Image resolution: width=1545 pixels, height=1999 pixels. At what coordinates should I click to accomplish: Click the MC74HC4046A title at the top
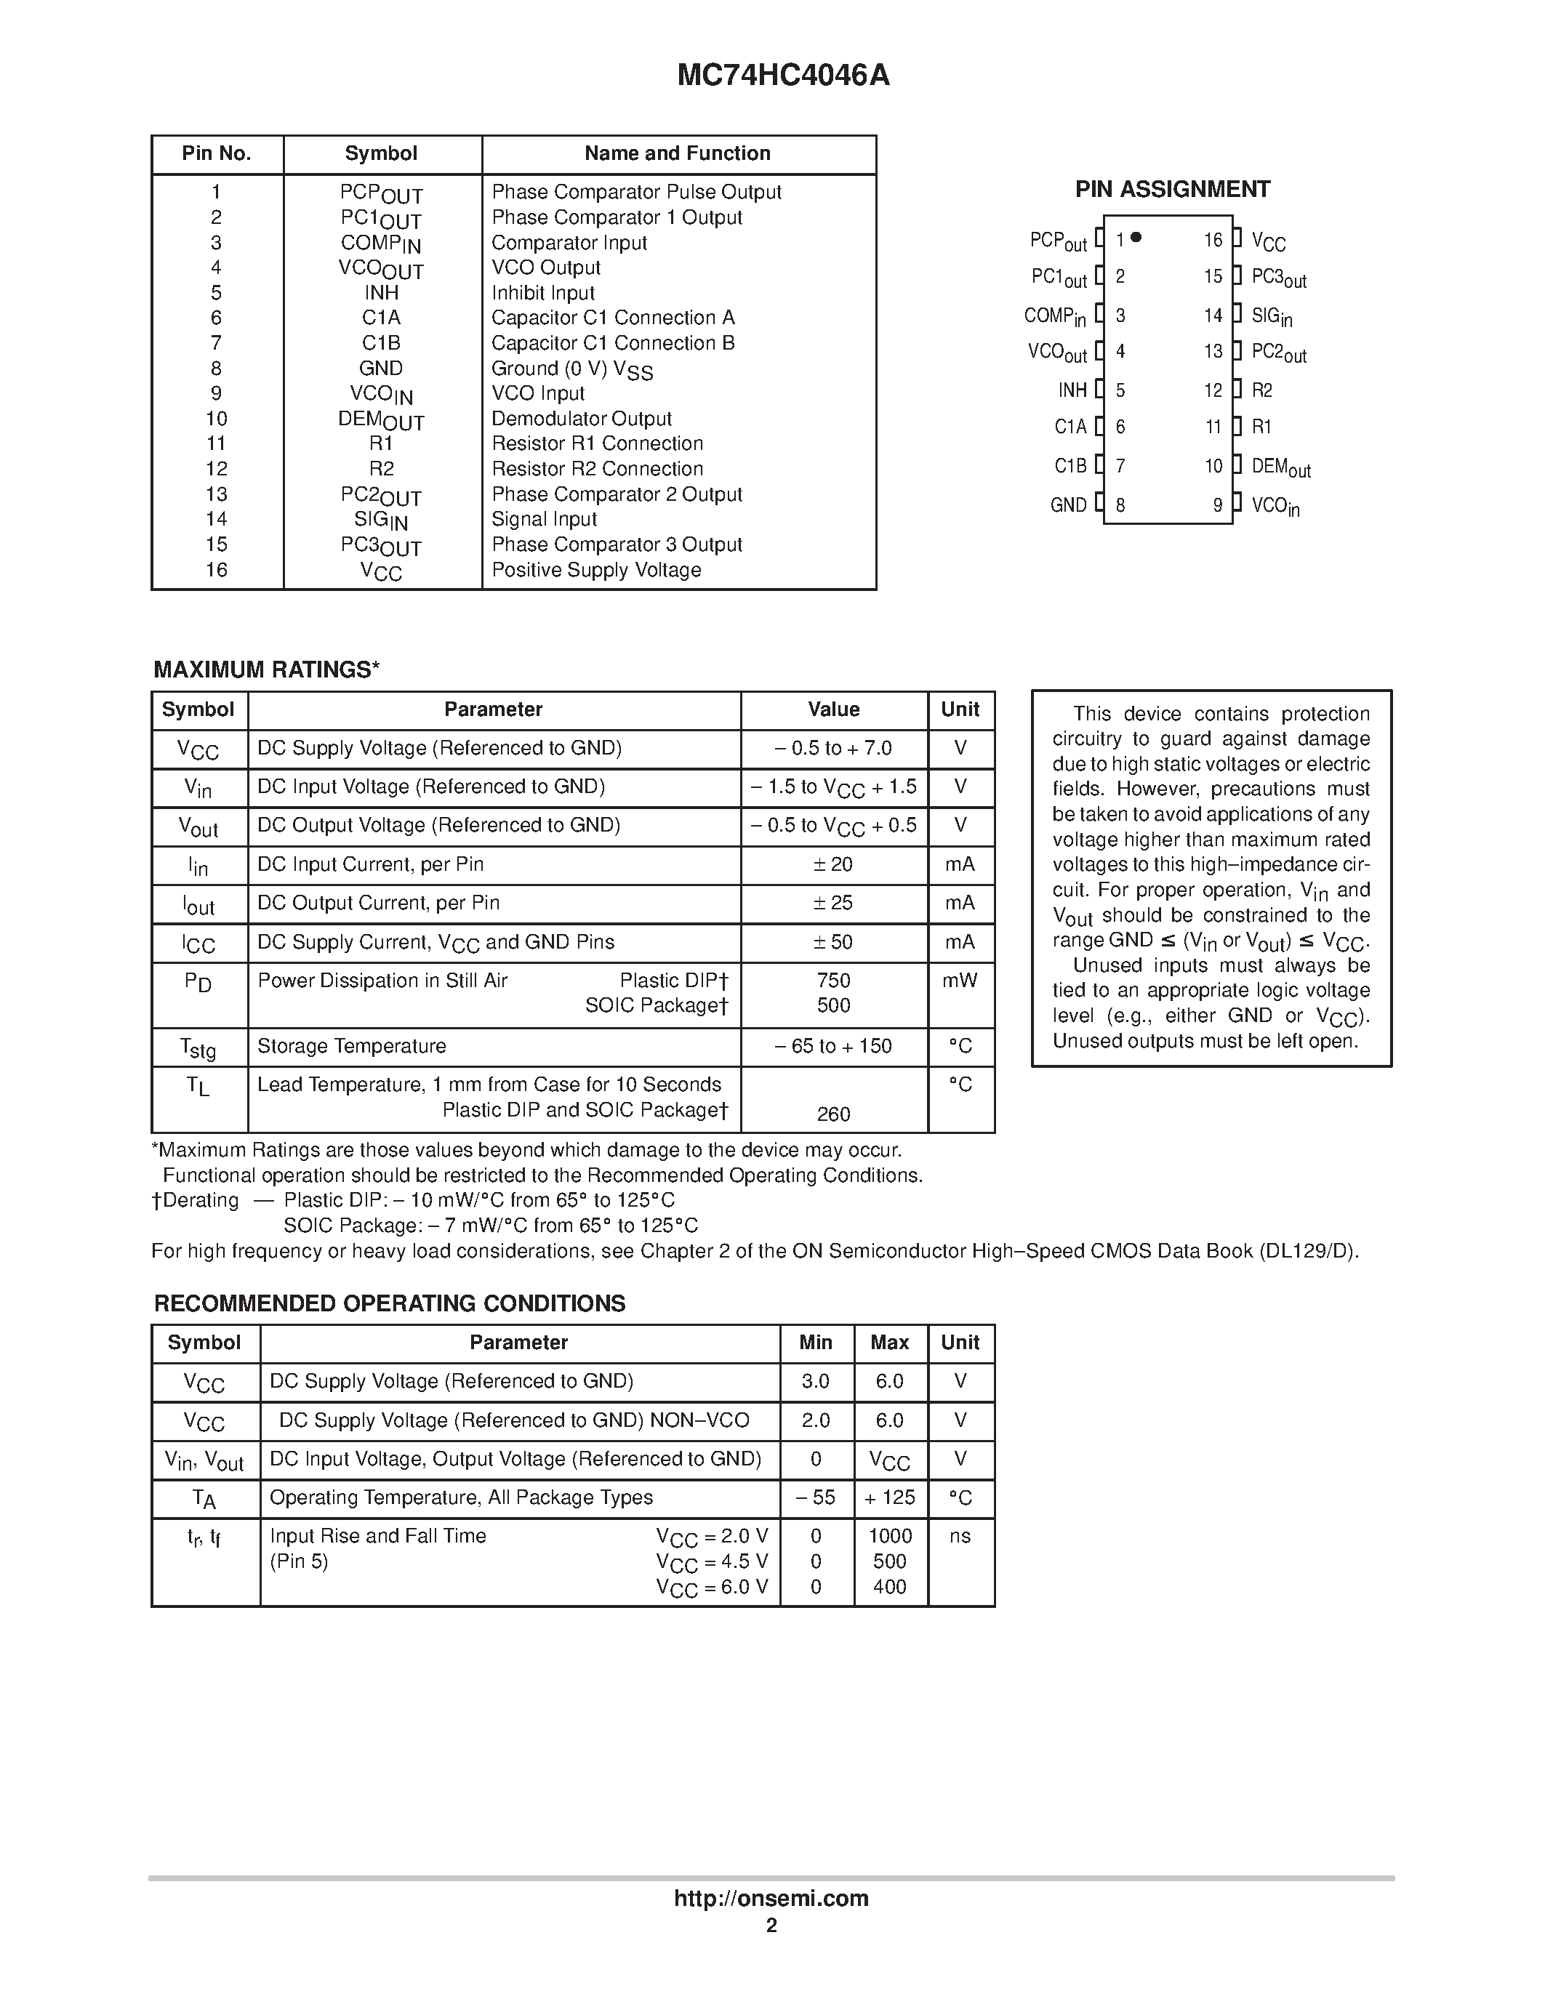tap(782, 75)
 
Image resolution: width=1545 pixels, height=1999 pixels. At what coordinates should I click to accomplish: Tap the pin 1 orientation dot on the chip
tap(1136, 238)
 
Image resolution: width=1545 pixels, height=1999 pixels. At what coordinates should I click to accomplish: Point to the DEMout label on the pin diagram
tap(1280, 467)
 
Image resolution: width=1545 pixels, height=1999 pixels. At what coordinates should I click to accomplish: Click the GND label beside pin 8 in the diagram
tap(1068, 505)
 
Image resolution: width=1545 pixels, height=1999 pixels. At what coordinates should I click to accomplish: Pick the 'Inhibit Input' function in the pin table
tap(543, 293)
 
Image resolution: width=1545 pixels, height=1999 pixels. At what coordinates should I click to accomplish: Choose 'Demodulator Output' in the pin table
tap(581, 418)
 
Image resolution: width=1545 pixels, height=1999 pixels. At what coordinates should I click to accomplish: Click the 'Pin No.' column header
tap(216, 154)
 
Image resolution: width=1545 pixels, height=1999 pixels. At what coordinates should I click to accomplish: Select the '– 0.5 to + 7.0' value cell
tap(833, 748)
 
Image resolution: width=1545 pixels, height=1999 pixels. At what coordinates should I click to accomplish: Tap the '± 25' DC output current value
tap(833, 904)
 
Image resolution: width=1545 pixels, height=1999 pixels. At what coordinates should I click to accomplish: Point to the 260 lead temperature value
tap(833, 1114)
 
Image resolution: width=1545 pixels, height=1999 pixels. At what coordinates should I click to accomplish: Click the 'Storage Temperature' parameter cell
tap(351, 1046)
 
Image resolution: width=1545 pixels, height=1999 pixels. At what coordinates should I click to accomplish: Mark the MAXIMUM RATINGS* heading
tap(266, 670)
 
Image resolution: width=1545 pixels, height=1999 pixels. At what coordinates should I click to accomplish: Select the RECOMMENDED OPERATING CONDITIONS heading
tap(389, 1303)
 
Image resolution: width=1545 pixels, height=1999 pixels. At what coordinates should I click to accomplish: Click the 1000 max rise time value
tap(890, 1536)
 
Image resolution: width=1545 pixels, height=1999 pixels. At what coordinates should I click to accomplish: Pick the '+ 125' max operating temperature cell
tap(890, 1497)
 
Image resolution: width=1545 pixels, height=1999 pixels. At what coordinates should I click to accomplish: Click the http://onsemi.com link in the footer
tap(771, 1898)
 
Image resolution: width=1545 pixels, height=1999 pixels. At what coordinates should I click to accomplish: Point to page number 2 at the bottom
tap(771, 1926)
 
